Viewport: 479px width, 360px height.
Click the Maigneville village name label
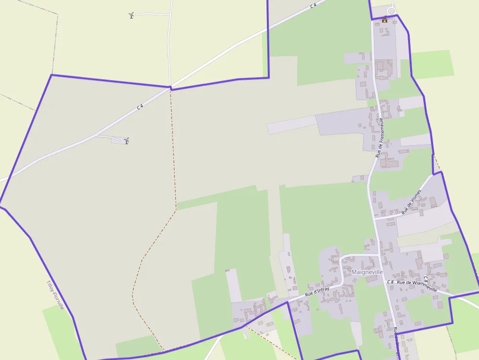(x=367, y=272)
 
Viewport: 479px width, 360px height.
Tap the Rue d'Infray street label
(x=317, y=291)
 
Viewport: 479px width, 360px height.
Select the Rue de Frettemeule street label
(x=380, y=137)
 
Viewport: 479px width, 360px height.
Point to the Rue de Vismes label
(x=411, y=202)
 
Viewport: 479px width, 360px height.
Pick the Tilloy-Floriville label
(x=55, y=295)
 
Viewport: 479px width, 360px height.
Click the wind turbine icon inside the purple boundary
(x=127, y=141)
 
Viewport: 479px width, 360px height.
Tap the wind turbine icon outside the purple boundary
(x=131, y=16)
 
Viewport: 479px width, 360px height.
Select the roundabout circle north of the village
(x=391, y=11)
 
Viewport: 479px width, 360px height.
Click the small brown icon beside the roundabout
(x=385, y=20)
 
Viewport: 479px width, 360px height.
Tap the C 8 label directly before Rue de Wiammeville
(x=391, y=282)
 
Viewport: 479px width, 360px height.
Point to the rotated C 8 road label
(x=426, y=279)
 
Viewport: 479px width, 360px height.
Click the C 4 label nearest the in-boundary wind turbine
(x=140, y=106)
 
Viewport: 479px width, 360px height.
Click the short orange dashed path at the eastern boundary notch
(x=437, y=162)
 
